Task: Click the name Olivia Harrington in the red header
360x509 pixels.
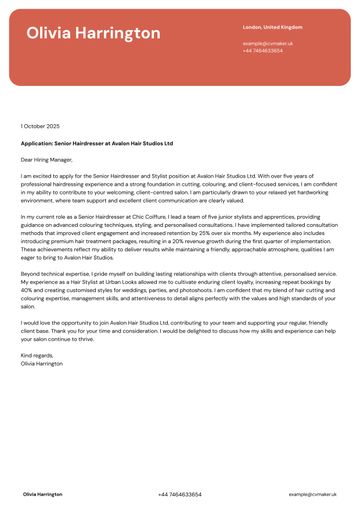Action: point(93,34)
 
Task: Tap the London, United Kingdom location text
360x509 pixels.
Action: point(272,27)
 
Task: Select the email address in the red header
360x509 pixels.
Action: point(265,44)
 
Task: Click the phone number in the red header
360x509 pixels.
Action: point(262,50)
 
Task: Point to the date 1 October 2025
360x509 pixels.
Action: point(40,126)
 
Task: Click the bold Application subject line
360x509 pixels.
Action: point(96,143)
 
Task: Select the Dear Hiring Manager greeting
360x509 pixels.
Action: point(47,159)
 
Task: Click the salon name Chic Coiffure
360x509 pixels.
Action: point(168,216)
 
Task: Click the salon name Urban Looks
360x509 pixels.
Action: point(133,282)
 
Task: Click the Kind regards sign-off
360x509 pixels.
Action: point(37,355)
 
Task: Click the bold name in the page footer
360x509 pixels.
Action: point(42,494)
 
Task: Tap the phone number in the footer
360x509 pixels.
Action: point(179,494)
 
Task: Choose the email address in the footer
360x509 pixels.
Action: point(312,494)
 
